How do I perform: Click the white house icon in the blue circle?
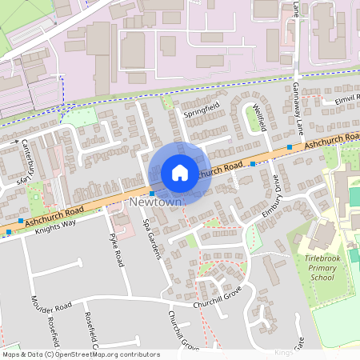(x=180, y=172)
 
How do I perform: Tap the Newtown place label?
(x=155, y=204)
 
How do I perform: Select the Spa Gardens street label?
(x=152, y=239)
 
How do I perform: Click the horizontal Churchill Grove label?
(x=218, y=305)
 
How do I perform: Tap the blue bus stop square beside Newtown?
(x=152, y=194)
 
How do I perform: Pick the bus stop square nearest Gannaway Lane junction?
(x=289, y=147)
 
